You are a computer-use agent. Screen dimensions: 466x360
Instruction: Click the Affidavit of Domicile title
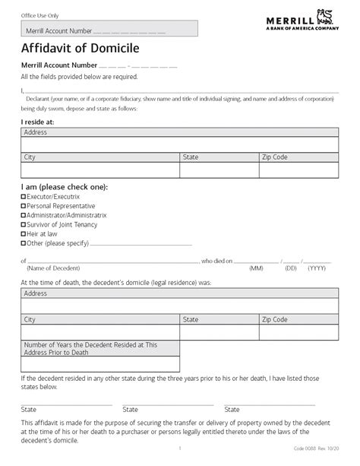pyautogui.click(x=70, y=47)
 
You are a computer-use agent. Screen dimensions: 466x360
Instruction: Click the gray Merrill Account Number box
pyautogui.click(x=109, y=29)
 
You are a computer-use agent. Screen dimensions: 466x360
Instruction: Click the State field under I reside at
pyautogui.click(x=219, y=170)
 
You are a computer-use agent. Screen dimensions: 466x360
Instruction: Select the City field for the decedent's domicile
pyautogui.click(x=99, y=332)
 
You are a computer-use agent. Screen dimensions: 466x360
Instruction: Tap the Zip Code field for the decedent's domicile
pyautogui.click(x=298, y=332)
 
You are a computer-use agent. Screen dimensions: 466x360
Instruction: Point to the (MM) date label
pyautogui.click(x=257, y=268)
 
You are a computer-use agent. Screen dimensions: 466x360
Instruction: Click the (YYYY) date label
pyautogui.click(x=317, y=268)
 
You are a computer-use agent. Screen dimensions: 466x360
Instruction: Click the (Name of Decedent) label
pyautogui.click(x=52, y=268)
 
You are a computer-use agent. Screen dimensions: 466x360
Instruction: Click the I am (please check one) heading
pyautogui.click(x=64, y=186)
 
